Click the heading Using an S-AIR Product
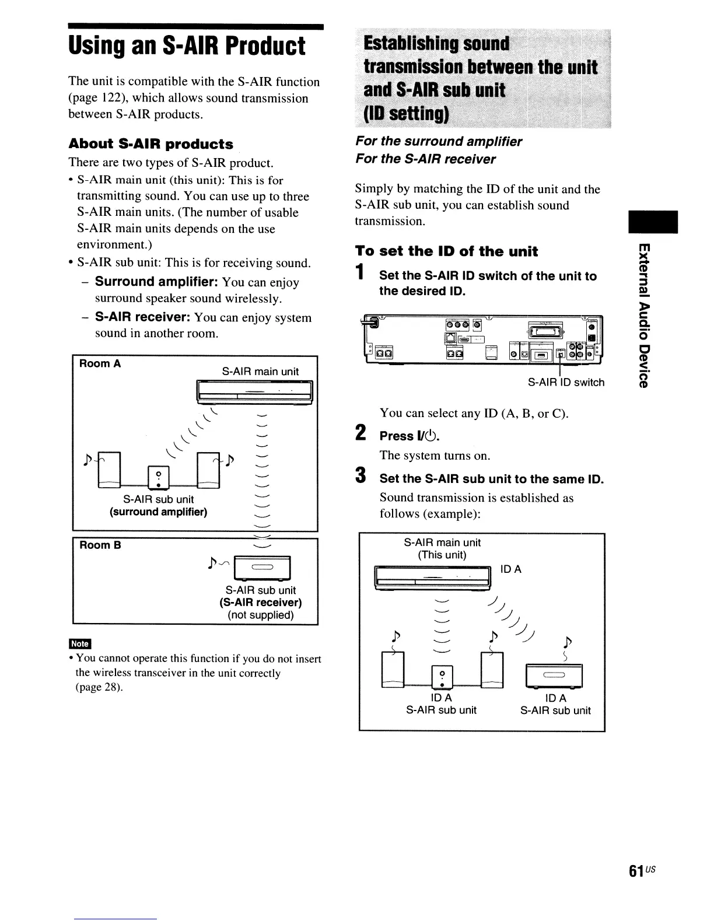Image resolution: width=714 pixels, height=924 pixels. [187, 47]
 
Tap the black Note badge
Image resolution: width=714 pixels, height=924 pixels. [79, 643]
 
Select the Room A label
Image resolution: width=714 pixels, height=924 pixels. [100, 364]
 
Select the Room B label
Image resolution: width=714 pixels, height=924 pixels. [100, 545]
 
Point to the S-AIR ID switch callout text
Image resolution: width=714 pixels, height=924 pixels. [566, 383]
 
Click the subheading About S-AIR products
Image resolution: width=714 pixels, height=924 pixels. [150, 144]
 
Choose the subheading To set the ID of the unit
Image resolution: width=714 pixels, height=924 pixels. [446, 251]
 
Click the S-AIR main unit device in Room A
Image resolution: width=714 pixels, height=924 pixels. [256, 392]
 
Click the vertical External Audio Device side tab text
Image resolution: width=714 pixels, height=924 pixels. [643, 315]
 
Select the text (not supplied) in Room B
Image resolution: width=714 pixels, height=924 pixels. [260, 615]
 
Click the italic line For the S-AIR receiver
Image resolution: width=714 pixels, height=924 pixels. [425, 159]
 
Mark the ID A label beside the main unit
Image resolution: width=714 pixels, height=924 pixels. [511, 569]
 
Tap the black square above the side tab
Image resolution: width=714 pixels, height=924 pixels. [652, 222]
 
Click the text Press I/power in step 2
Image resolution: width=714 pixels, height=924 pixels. [409, 436]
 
